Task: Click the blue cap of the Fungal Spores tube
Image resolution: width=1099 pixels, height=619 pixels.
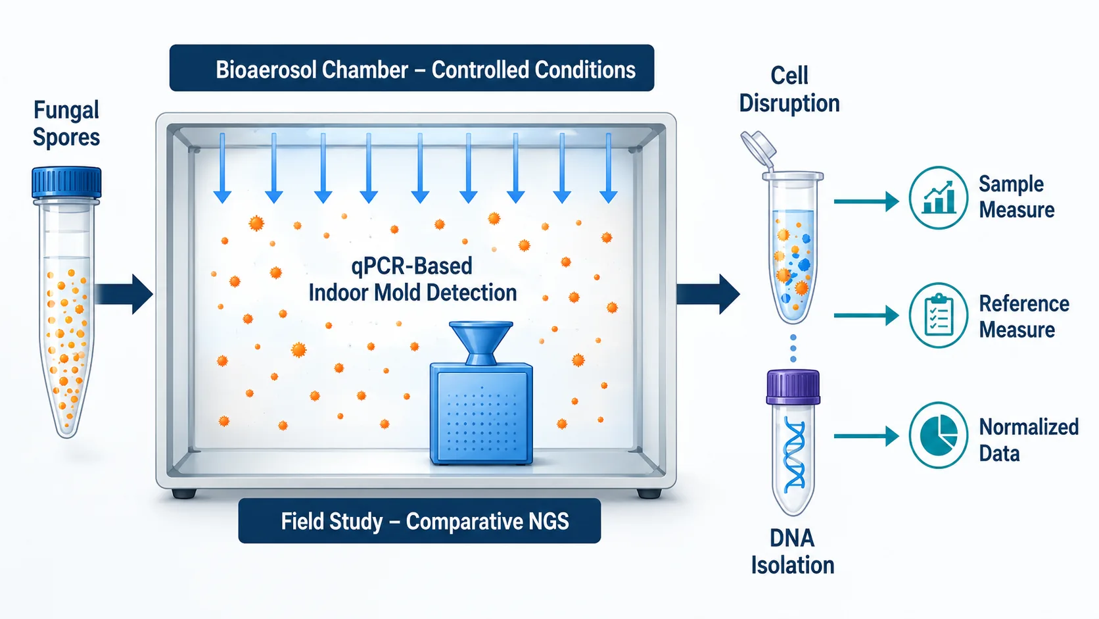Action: [67, 183]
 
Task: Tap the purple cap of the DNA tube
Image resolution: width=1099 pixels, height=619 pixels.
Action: [793, 387]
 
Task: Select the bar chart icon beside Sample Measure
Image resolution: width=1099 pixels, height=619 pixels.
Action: [939, 197]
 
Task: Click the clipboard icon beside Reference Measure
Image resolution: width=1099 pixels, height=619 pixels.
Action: [938, 315]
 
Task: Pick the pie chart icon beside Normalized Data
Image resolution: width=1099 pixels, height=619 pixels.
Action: [938, 435]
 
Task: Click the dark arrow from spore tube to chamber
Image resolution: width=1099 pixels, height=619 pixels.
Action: [124, 294]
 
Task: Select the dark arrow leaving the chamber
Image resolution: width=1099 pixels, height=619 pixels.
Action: [708, 294]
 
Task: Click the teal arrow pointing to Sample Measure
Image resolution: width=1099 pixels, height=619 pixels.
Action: [866, 201]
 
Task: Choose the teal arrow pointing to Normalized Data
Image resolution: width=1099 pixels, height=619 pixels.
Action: [866, 436]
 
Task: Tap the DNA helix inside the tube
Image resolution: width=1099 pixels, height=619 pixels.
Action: [794, 454]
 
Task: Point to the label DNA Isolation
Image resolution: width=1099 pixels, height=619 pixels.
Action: [792, 552]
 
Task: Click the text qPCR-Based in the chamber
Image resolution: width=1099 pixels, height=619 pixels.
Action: [412, 266]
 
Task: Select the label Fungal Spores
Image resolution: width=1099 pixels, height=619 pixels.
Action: [66, 124]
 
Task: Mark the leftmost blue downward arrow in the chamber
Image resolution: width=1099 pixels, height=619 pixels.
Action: [222, 168]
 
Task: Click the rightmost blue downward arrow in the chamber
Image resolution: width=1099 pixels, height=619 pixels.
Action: [609, 168]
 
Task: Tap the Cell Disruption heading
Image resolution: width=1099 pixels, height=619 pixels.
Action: [789, 89]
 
